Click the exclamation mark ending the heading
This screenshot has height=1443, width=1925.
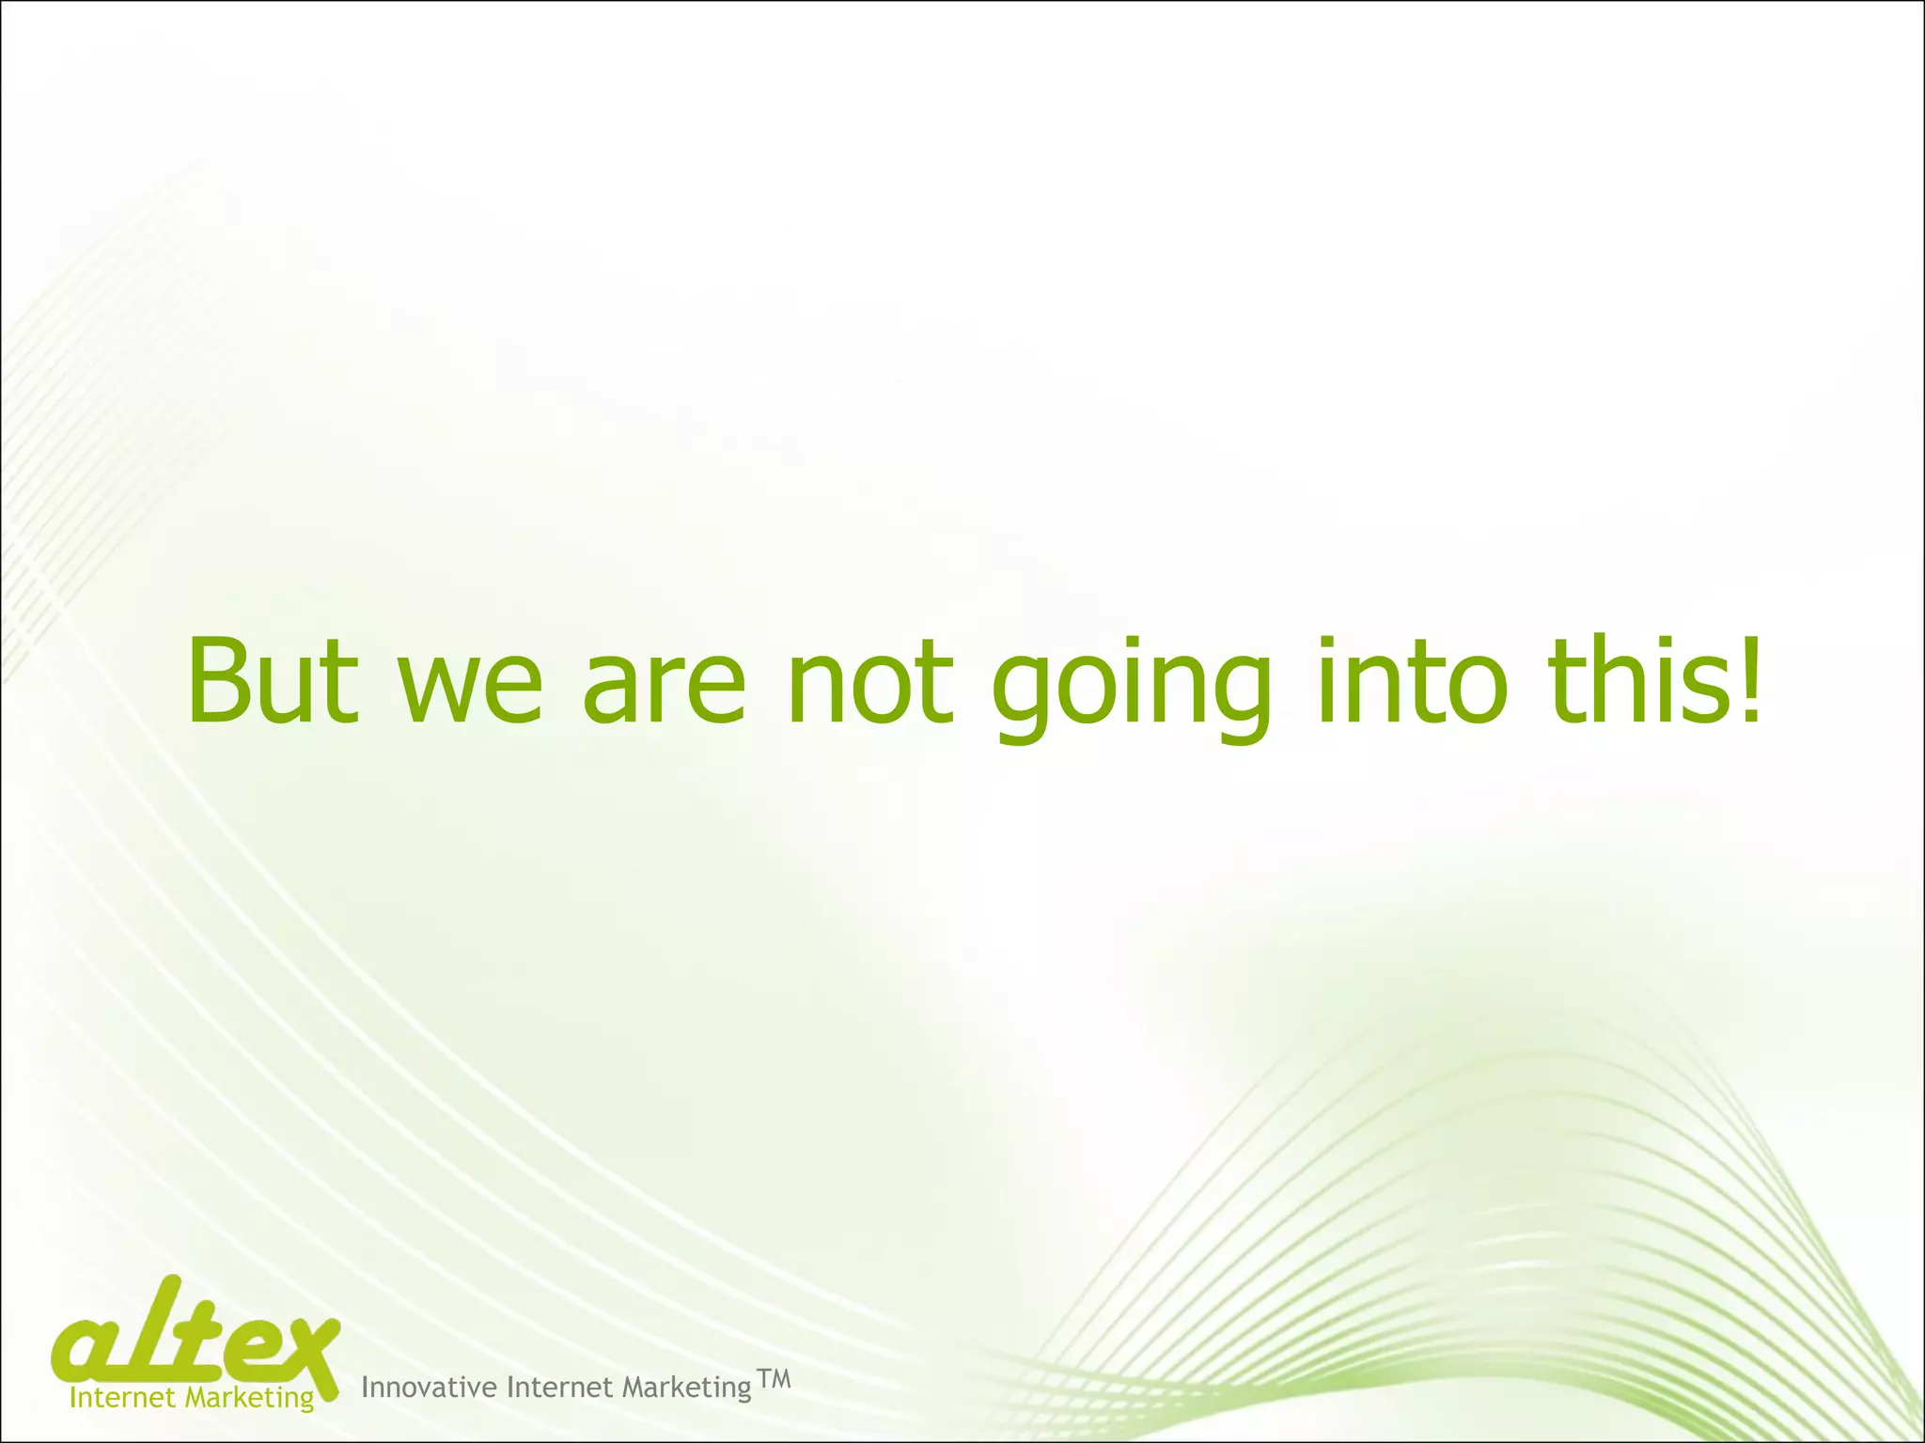(1749, 680)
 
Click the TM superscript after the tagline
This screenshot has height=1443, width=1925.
(774, 1379)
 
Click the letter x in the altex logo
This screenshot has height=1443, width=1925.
(305, 1353)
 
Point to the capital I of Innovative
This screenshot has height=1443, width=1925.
(365, 1387)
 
